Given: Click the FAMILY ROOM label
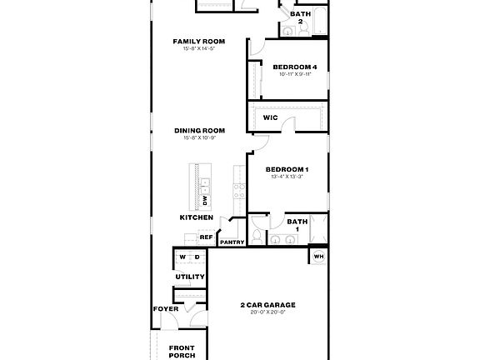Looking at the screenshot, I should click(x=199, y=41).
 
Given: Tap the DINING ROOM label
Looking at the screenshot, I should click(x=199, y=130).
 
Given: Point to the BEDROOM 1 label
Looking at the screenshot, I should click(x=287, y=170).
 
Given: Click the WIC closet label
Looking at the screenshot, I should click(x=270, y=117).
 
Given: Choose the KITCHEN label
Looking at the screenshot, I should click(x=196, y=217).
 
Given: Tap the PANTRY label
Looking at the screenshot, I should click(x=232, y=242).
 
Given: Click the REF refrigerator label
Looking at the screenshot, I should click(x=206, y=237).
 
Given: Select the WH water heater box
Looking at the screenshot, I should click(x=318, y=256).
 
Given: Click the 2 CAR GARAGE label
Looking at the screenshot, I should click(x=268, y=304).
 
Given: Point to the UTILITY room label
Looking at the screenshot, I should click(x=190, y=277).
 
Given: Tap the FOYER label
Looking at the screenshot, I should click(x=165, y=308).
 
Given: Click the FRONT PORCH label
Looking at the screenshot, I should click(x=182, y=352).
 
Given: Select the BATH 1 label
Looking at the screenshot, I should click(x=297, y=225).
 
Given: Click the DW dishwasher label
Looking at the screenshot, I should click(x=204, y=201).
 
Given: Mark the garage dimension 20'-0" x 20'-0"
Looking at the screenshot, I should click(x=268, y=312).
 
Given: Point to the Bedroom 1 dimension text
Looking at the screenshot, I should click(x=287, y=177).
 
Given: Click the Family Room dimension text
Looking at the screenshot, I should click(x=199, y=48).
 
